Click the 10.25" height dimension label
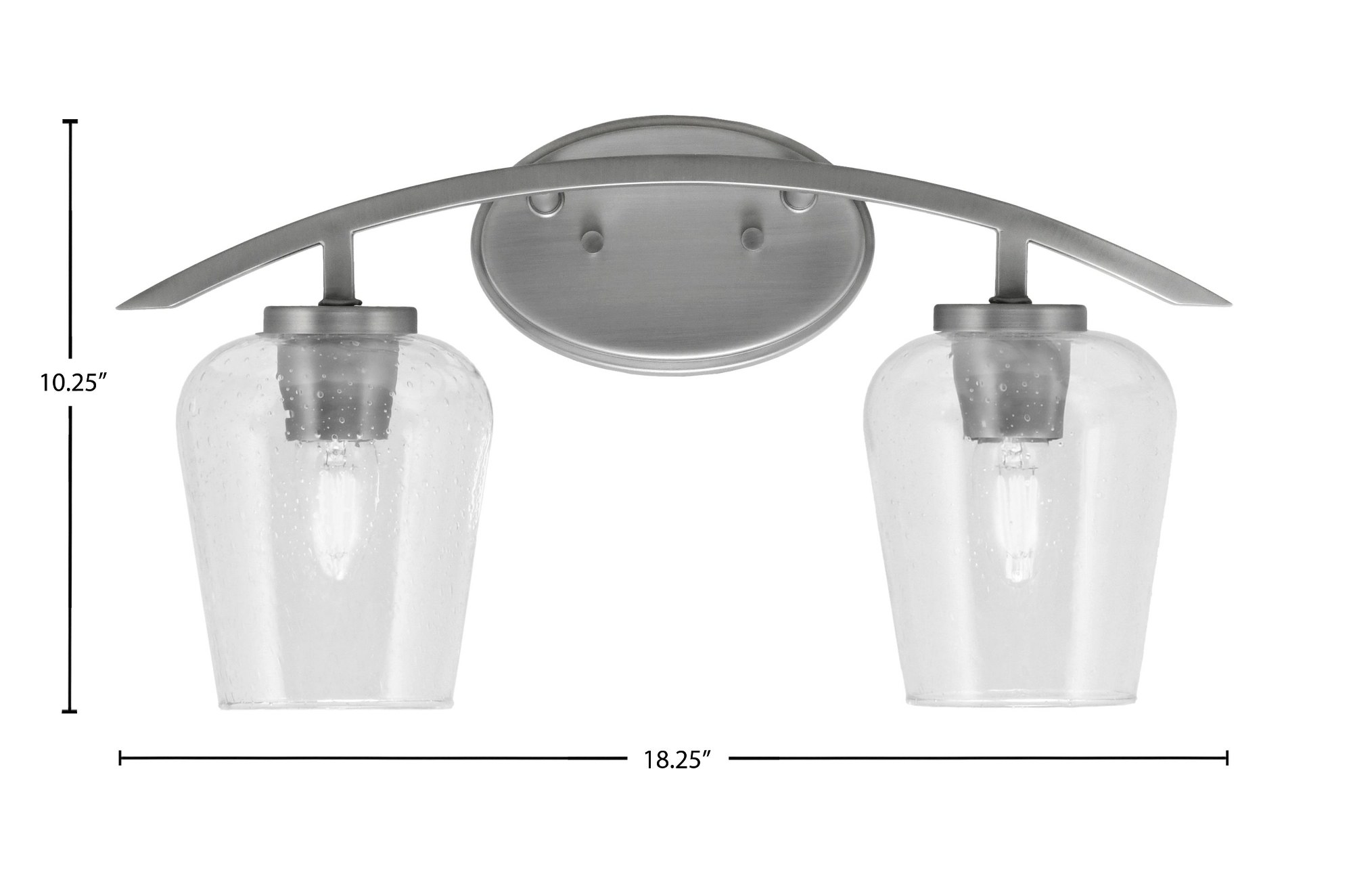(74, 384)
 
